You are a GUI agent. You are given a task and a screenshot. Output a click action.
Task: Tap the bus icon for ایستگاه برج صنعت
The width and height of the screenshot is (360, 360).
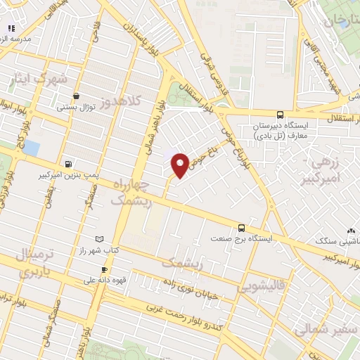241,228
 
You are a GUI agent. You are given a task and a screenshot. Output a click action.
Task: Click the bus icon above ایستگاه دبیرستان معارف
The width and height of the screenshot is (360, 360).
280,115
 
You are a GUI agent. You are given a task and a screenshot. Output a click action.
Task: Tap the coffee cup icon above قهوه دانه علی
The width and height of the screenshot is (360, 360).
104,269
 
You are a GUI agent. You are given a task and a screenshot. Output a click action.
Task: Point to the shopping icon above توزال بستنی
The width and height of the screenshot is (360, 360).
76,96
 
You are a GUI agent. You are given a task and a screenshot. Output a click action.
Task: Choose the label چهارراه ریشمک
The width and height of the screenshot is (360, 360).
130,192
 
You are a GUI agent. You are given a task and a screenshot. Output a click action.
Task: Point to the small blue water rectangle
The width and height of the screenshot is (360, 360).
30,148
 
